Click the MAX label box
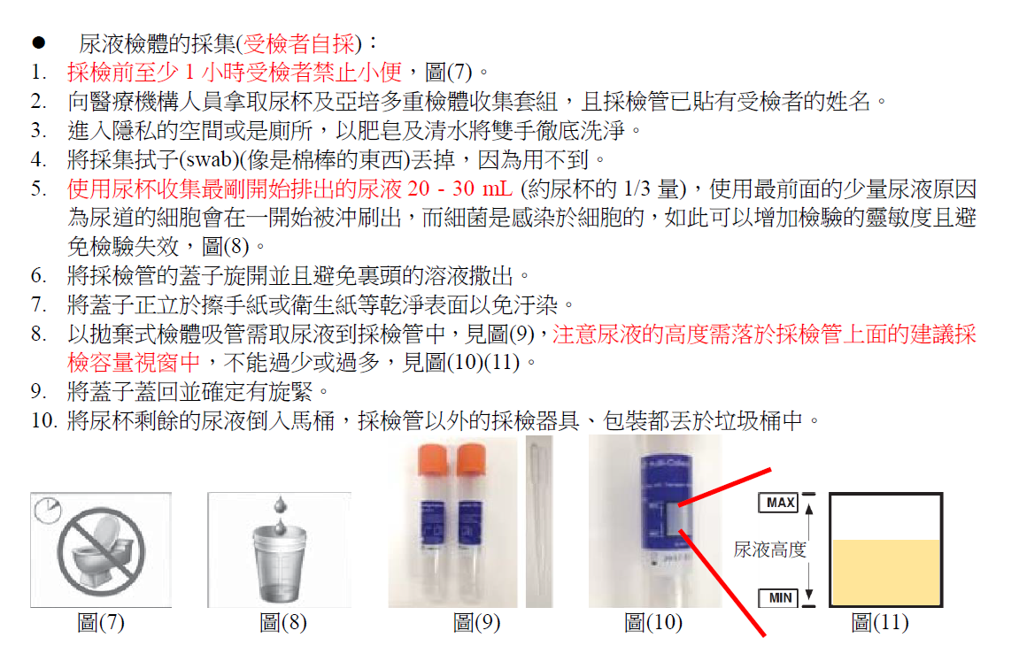click(778, 503)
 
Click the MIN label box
click(778, 597)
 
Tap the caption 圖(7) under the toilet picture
click(101, 622)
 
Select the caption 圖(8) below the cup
click(282, 622)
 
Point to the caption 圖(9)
click(476, 622)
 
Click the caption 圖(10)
click(653, 622)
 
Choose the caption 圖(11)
click(879, 622)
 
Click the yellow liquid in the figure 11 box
click(886, 573)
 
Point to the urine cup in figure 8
click(279, 563)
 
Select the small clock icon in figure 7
click(48, 511)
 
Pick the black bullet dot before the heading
click(39, 42)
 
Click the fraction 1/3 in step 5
click(637, 189)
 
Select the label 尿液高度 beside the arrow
click(769, 550)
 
